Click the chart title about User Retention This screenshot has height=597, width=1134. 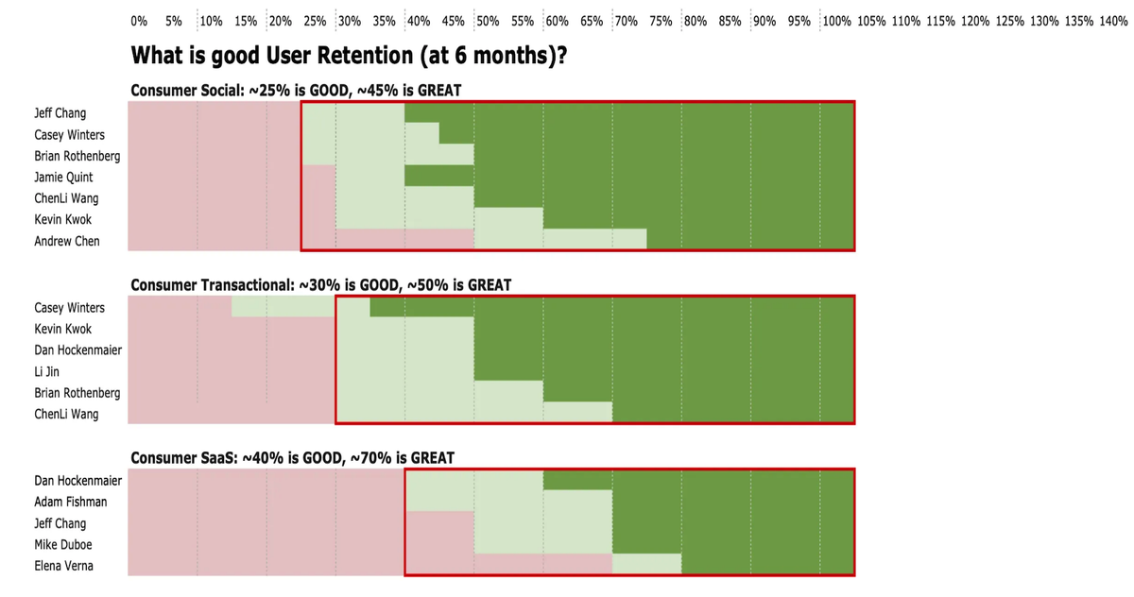[x=349, y=57]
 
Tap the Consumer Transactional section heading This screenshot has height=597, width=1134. [x=320, y=285]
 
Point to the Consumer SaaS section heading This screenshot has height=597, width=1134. [x=292, y=458]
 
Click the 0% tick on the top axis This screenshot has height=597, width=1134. [x=139, y=21]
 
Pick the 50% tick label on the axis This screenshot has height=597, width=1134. [x=488, y=21]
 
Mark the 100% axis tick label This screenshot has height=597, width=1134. [x=836, y=21]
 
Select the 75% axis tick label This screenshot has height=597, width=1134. [x=661, y=21]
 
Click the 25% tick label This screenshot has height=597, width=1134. [x=315, y=21]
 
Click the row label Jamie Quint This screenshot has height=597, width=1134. [x=63, y=178]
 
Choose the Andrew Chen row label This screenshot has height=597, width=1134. [x=67, y=241]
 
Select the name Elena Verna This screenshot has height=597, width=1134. [x=63, y=566]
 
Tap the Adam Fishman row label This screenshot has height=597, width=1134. [x=71, y=503]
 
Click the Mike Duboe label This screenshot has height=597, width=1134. [x=63, y=545]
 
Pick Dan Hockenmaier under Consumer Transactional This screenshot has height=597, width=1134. [x=77, y=350]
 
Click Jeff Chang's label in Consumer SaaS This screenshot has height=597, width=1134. [x=60, y=523]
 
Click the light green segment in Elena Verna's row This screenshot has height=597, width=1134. [x=646, y=565]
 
